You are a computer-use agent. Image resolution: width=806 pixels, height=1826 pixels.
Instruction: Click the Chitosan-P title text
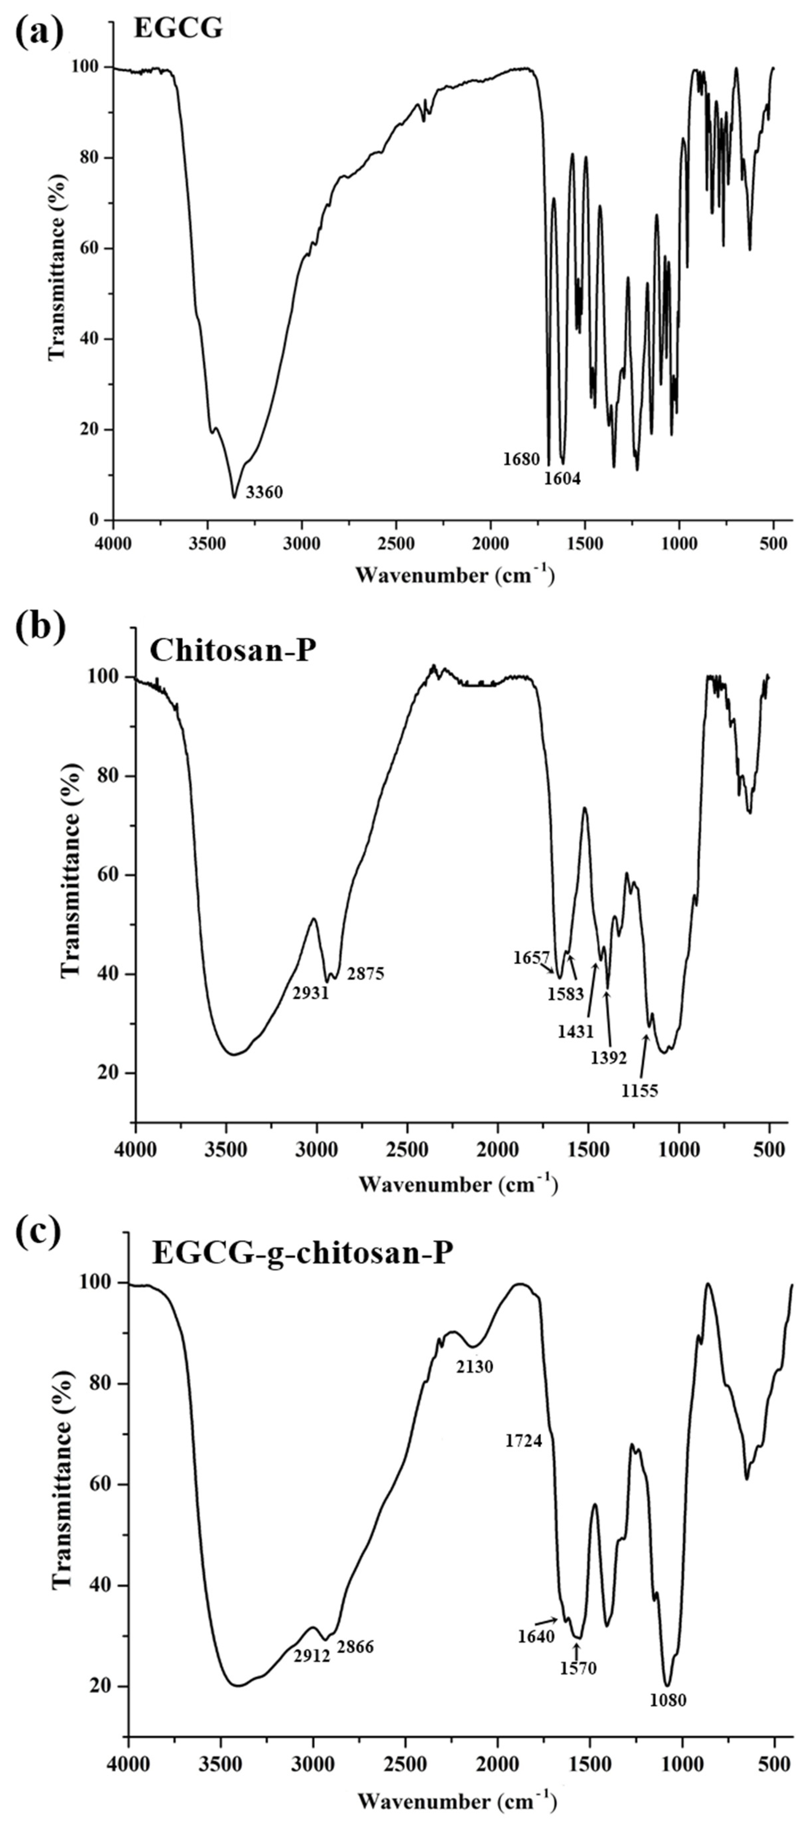(x=232, y=649)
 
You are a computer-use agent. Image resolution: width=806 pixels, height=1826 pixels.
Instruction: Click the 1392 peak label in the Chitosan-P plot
(x=609, y=1058)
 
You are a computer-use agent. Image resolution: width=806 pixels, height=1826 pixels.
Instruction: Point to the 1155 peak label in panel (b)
(x=640, y=1091)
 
